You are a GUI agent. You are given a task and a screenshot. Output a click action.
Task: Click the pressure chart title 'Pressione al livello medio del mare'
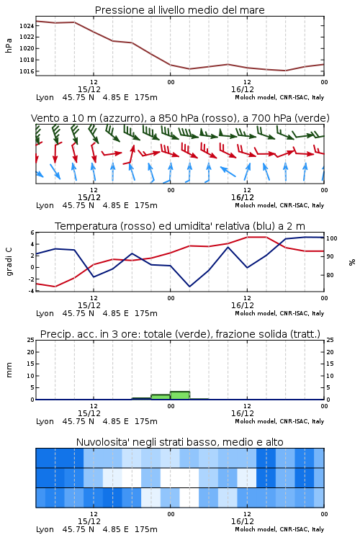(x=179, y=10)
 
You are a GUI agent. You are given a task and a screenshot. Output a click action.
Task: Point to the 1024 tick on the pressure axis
(x=27, y=26)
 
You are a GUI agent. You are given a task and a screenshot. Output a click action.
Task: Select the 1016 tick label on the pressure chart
(x=27, y=71)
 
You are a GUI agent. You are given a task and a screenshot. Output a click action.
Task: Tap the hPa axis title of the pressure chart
(x=9, y=45)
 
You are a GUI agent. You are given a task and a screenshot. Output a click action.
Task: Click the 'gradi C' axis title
(x=9, y=262)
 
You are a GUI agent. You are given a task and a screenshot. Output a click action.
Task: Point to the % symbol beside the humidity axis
(x=352, y=262)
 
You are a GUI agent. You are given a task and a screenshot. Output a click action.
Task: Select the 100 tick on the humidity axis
(x=332, y=238)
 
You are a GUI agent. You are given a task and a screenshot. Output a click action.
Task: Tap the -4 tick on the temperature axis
(x=32, y=291)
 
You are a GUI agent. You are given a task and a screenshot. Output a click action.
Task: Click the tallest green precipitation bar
(x=180, y=395)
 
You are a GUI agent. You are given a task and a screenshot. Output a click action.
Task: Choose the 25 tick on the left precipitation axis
(x=31, y=340)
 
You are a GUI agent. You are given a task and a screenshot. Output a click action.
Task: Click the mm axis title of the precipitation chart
(x=9, y=370)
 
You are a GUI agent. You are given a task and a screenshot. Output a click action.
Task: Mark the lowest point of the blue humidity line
(x=189, y=287)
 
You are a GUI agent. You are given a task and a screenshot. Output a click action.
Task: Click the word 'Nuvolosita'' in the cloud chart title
(x=100, y=442)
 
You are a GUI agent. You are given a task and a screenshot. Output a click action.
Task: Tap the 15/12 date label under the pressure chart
(x=89, y=89)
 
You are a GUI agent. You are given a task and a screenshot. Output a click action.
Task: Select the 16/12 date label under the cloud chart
(x=243, y=521)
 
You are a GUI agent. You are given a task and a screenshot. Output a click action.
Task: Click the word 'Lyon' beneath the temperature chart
(x=45, y=313)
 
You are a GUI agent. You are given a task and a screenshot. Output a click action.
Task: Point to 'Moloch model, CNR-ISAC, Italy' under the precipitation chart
(x=279, y=421)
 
